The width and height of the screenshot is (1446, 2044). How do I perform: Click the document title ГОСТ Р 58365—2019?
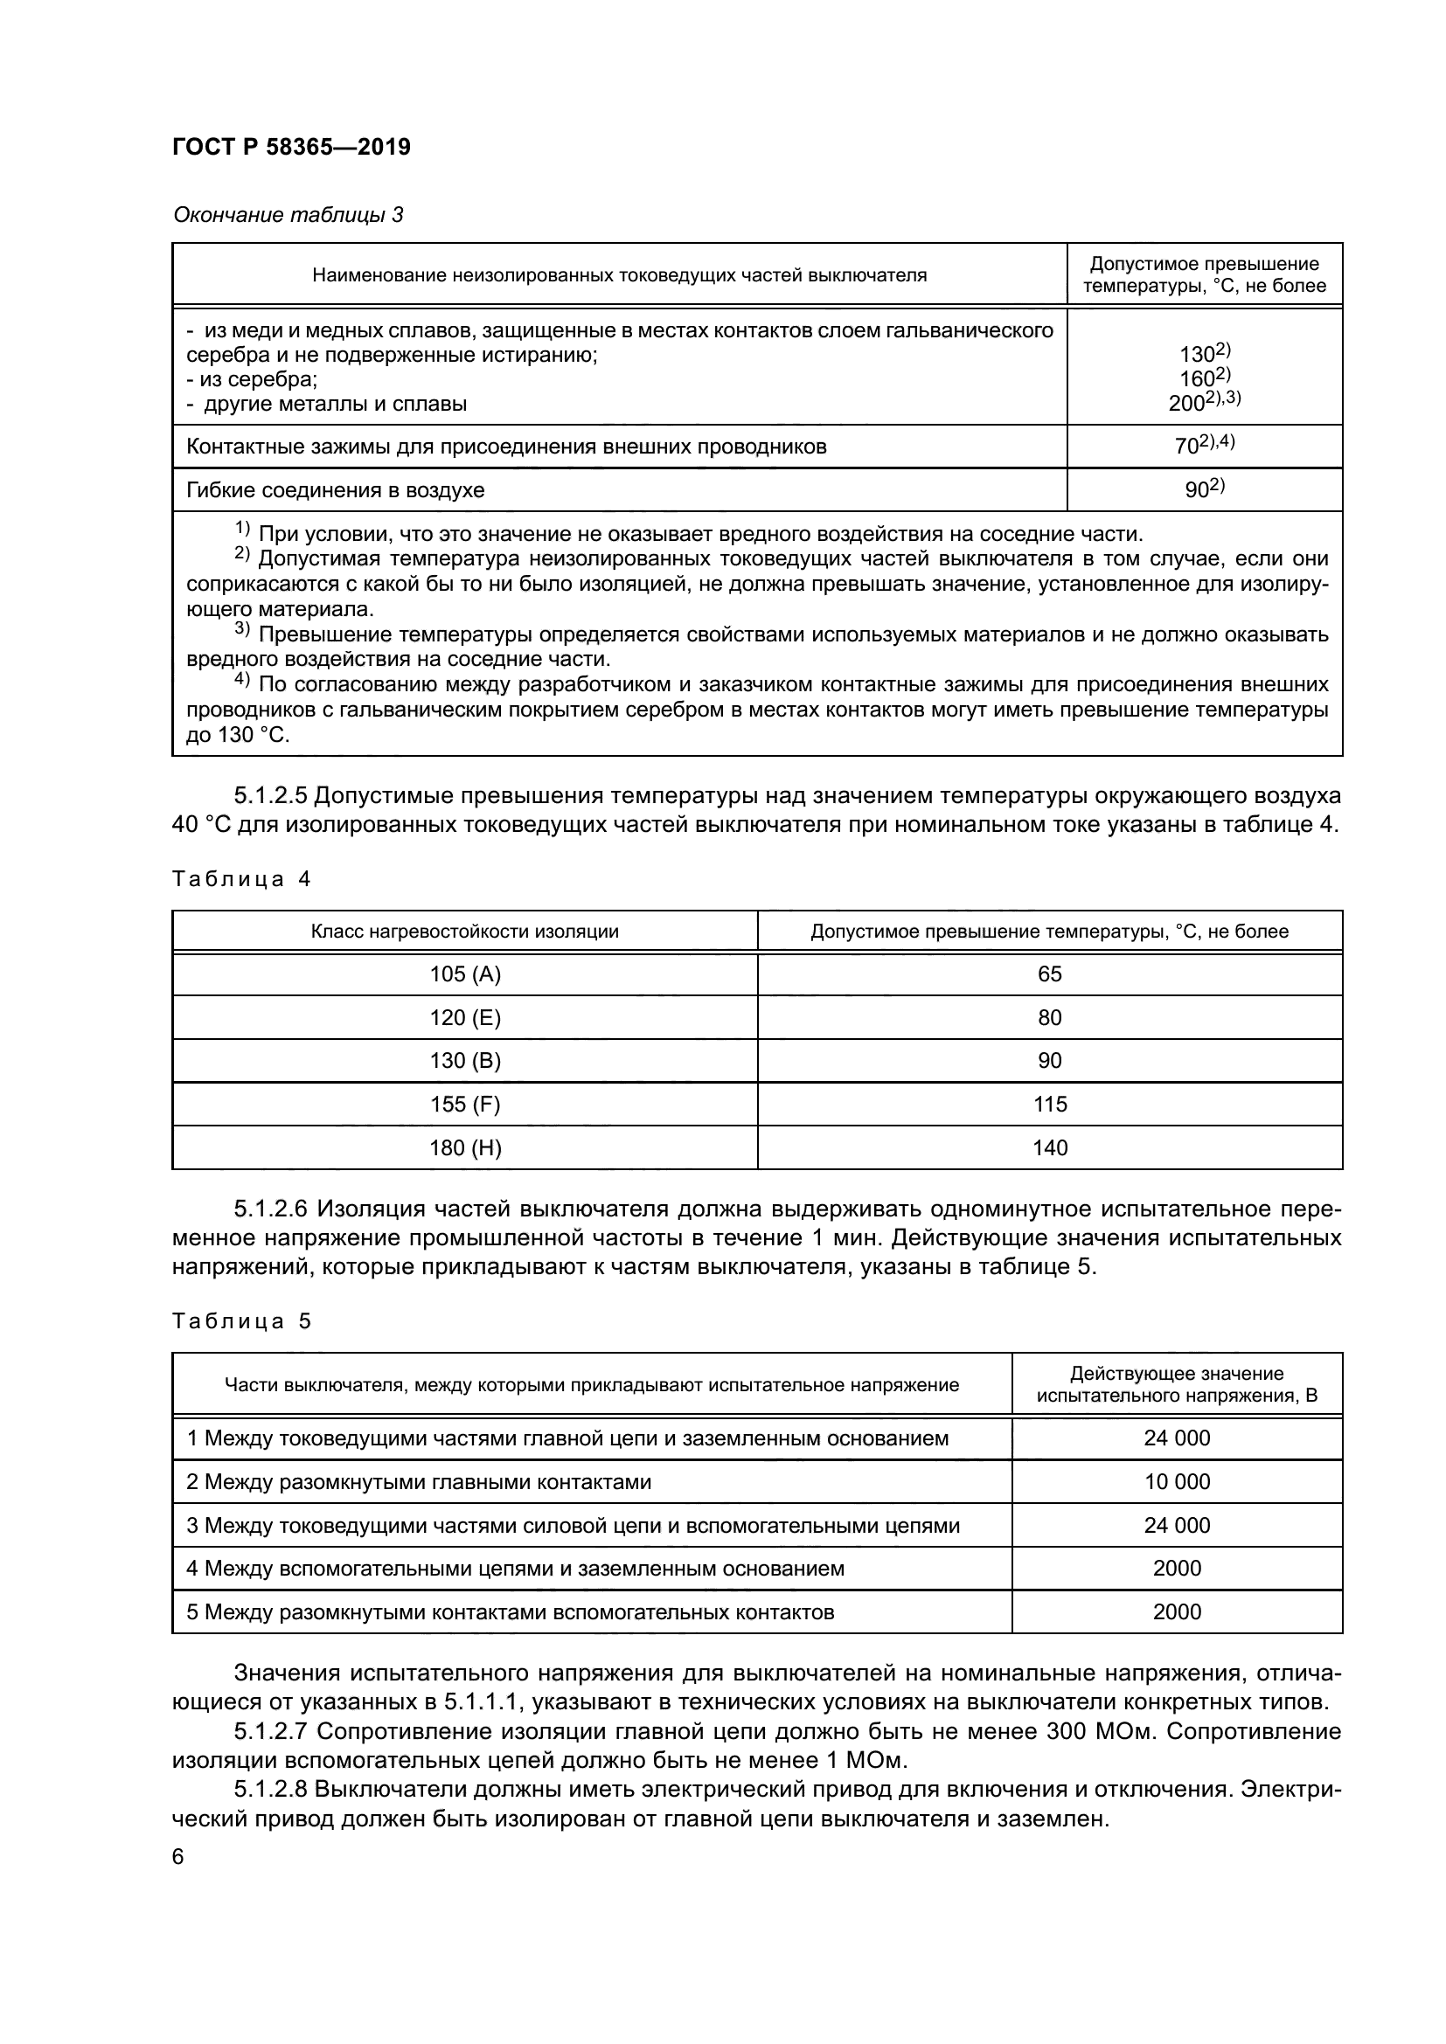[x=291, y=148]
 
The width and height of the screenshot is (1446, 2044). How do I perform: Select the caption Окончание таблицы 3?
[x=288, y=216]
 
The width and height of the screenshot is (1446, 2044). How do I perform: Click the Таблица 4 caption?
[x=241, y=880]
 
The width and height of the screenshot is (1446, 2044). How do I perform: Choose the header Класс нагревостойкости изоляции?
[x=464, y=932]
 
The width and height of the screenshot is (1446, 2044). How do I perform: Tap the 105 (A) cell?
[x=465, y=973]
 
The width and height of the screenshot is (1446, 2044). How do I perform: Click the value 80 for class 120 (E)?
[x=1049, y=1017]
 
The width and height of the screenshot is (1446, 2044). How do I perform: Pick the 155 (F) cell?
[x=465, y=1105]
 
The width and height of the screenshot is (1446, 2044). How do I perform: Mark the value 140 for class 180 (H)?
[x=1049, y=1148]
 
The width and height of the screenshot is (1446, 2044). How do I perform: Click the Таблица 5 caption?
[x=241, y=1321]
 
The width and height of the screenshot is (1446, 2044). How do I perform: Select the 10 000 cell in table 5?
[x=1176, y=1482]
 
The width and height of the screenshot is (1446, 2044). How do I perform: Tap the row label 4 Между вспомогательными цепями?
[x=515, y=1569]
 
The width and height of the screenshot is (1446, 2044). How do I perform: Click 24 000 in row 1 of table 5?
[x=1176, y=1438]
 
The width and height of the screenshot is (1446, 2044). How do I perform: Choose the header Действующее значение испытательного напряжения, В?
[x=1176, y=1384]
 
